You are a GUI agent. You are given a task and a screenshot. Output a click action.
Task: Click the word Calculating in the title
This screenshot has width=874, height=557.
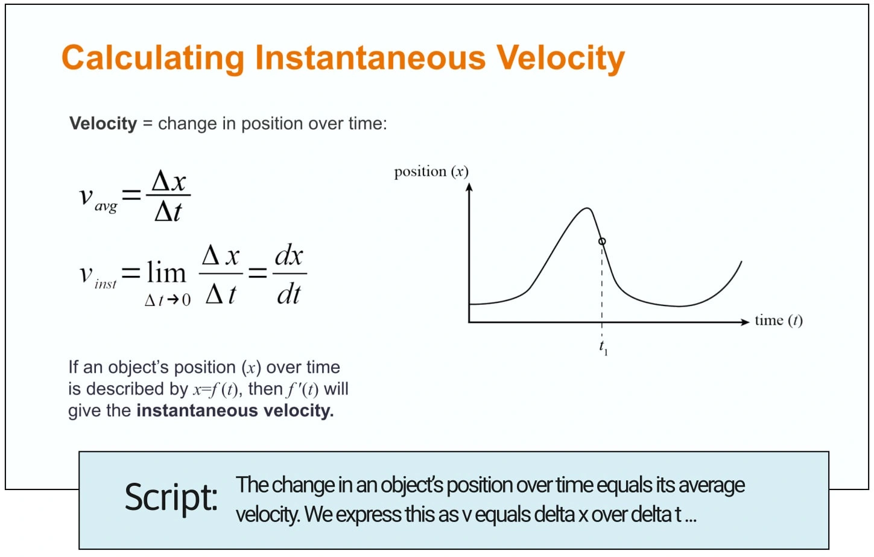point(153,58)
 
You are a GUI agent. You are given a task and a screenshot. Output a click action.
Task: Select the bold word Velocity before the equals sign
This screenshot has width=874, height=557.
point(103,124)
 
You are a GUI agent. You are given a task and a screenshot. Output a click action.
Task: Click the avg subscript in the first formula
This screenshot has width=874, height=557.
point(106,206)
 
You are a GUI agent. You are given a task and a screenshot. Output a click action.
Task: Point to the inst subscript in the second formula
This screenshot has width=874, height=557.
point(106,284)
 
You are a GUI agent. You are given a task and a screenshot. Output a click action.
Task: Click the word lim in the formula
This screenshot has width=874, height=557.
point(166,272)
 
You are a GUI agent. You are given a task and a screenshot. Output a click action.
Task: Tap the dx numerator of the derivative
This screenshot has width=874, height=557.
point(289,256)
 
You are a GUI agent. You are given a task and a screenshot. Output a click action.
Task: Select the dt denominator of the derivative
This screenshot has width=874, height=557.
point(289,294)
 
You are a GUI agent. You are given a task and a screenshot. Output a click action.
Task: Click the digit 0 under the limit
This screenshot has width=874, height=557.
point(186,300)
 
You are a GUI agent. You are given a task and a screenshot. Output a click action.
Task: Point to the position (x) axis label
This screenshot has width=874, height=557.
point(431,172)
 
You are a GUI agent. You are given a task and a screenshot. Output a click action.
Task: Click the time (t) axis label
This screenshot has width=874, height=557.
point(779,321)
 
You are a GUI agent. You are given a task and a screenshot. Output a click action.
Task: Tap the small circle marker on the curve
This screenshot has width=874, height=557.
point(602,241)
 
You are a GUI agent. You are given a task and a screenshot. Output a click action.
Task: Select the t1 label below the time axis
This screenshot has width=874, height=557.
point(604,348)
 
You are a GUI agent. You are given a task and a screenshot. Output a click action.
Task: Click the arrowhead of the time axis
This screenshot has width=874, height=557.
point(746,322)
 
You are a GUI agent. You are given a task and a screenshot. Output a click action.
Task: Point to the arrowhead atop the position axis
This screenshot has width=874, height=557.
point(469,187)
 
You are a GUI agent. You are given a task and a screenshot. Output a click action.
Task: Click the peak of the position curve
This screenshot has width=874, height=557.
point(587,208)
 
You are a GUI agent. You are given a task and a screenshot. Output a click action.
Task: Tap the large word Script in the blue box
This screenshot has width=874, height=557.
point(171,497)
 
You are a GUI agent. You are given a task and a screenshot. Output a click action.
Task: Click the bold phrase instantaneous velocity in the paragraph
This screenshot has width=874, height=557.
point(235,411)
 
